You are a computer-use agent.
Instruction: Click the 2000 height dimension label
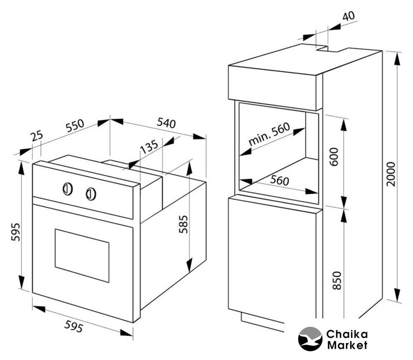click(x=391, y=174)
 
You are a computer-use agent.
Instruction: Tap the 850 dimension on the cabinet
click(x=337, y=281)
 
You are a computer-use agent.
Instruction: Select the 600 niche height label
click(x=334, y=157)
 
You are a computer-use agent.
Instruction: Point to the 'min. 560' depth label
click(x=269, y=134)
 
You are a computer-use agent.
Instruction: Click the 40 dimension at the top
click(x=349, y=16)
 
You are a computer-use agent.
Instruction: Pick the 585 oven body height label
click(x=183, y=224)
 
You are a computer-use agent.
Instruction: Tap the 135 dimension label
click(x=149, y=146)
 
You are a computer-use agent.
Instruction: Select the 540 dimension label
click(x=166, y=123)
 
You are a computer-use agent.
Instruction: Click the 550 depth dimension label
click(x=75, y=125)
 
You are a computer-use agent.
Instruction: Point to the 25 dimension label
click(x=37, y=136)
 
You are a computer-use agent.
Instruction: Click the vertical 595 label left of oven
click(x=16, y=232)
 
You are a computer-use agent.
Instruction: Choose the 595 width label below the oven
click(x=74, y=326)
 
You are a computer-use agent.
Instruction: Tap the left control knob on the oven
click(x=68, y=189)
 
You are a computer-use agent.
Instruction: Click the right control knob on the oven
click(x=91, y=194)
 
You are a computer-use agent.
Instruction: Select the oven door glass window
click(x=82, y=256)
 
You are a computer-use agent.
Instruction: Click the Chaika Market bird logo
click(x=310, y=339)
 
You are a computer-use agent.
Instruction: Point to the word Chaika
click(x=347, y=335)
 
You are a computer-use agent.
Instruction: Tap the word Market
click(x=347, y=345)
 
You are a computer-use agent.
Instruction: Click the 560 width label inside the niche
click(x=280, y=181)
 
